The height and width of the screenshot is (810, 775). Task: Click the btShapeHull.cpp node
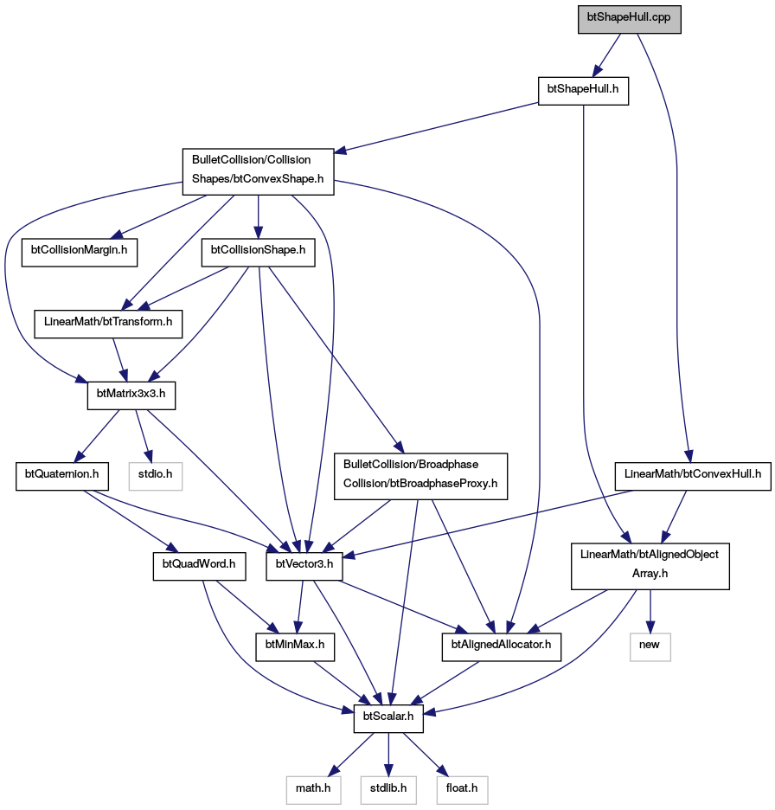coord(630,20)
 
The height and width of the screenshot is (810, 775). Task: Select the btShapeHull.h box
coord(583,92)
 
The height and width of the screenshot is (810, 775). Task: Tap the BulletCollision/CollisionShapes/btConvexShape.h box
coord(258,172)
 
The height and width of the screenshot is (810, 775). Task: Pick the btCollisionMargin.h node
coord(80,253)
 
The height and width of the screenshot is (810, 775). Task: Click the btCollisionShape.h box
coord(258,253)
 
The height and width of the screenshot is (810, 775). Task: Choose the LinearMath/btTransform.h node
coord(108,325)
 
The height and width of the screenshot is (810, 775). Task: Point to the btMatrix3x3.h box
coord(131,395)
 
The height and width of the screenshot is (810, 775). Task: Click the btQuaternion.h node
coord(62,476)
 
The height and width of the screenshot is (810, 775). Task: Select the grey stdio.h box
coord(156,476)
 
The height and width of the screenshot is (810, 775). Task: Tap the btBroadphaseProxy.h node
coord(421,476)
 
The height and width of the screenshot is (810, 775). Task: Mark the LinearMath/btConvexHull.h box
coord(693,476)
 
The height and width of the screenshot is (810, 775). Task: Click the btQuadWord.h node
coord(199,566)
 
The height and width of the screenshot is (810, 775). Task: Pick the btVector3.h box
coord(304,566)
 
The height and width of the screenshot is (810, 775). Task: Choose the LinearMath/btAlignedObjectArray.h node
coord(650,566)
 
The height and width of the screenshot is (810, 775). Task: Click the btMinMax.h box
coord(295,646)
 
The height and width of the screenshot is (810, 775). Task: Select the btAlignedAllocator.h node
coord(502,646)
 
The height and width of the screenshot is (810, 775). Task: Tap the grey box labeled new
coord(650,646)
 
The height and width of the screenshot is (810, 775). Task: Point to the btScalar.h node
coord(388,718)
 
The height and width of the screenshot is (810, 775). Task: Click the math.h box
coord(313,790)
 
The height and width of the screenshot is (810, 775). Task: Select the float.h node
coord(462,790)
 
